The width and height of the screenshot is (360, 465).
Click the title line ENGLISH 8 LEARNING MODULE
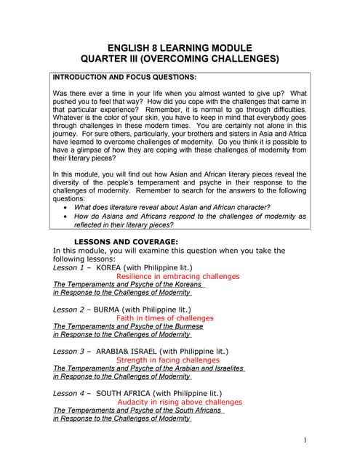coord(180,46)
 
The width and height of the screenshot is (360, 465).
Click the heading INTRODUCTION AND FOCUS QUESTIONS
coord(124,76)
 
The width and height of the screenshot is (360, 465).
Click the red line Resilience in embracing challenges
coord(177,276)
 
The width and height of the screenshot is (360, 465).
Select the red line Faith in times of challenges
coord(165,318)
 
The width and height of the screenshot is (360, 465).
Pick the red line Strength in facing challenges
coord(167,360)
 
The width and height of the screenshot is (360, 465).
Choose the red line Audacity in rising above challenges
coord(180,402)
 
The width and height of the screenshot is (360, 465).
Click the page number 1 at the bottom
coord(306,440)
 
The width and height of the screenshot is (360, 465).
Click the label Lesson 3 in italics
coord(70,351)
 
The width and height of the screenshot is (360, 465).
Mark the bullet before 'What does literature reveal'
coord(66,207)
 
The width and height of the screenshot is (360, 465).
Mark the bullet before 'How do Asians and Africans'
coord(66,217)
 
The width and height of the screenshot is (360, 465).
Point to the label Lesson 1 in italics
coord(70,267)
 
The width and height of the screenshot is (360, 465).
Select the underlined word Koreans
coord(188,285)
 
